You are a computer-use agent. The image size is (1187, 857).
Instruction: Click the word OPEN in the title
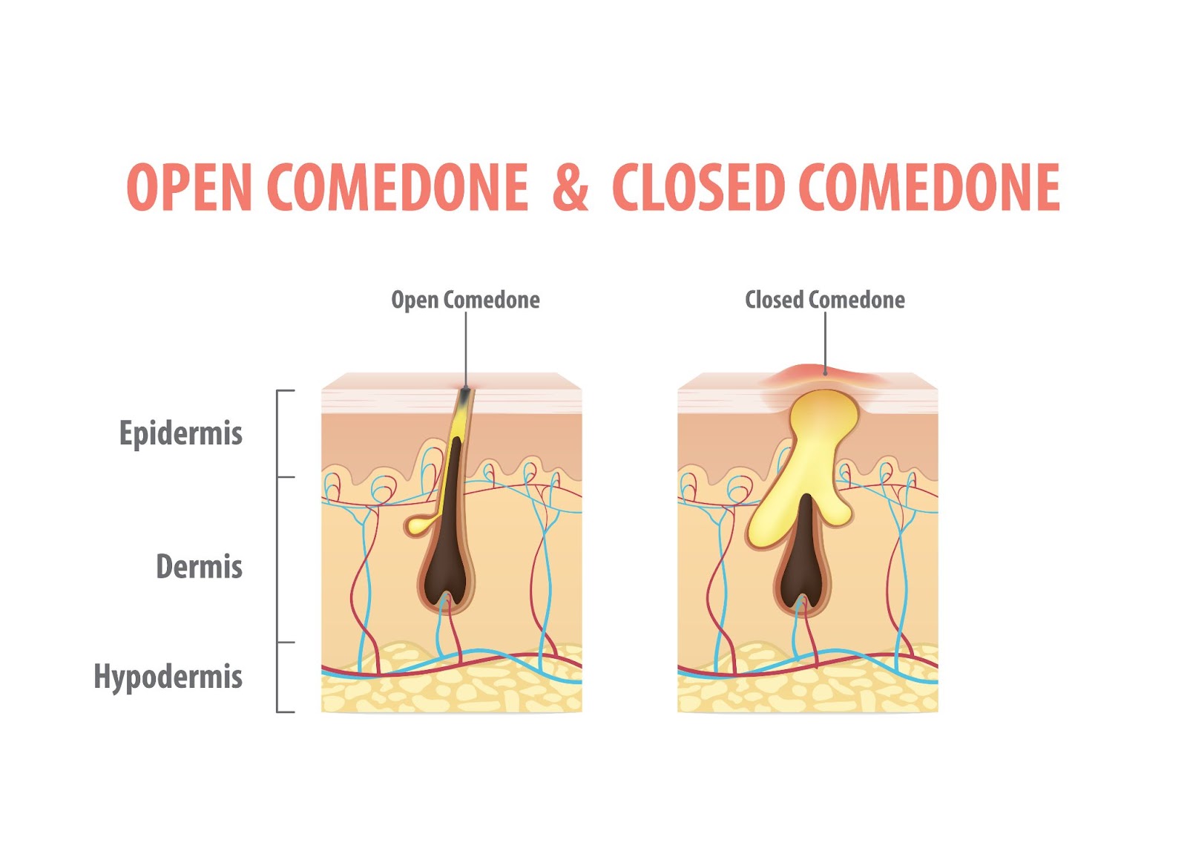point(188,186)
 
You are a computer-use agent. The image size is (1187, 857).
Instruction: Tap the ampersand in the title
point(571,186)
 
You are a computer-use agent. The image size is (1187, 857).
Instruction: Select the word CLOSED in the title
point(698,186)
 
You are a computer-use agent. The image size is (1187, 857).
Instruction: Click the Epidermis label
point(181,434)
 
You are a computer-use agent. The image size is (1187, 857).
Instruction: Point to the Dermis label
point(200,566)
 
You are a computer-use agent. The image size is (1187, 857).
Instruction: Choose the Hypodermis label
point(168,677)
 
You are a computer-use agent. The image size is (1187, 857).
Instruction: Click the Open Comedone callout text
point(465,301)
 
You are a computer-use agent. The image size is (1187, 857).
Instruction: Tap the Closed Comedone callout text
point(824,300)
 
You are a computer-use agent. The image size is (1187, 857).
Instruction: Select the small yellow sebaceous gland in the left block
point(421,524)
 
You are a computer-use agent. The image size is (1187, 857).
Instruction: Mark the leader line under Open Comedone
point(467,349)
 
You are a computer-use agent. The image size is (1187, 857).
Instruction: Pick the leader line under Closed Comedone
point(825,342)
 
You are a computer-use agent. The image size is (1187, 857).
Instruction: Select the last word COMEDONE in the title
point(929,186)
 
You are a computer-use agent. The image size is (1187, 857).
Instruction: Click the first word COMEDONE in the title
point(398,186)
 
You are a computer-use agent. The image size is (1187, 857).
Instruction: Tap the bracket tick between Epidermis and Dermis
point(286,477)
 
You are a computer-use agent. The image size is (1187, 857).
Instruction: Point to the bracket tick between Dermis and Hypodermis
point(286,643)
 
